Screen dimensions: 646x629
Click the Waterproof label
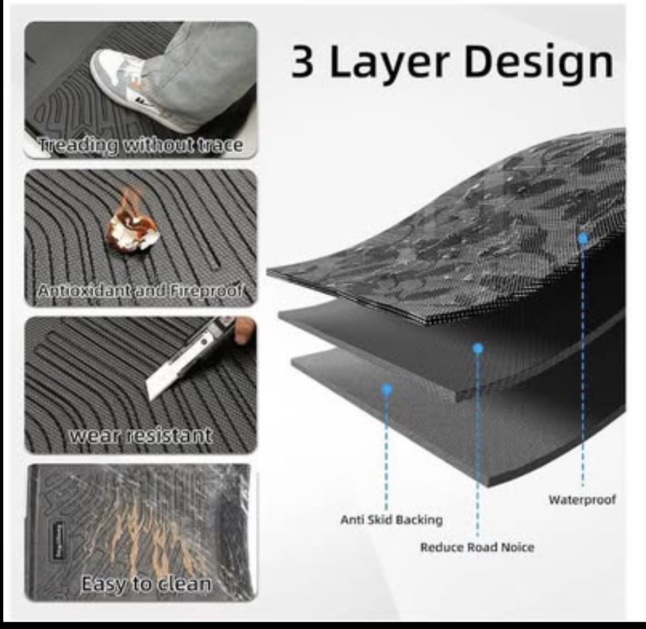(x=582, y=500)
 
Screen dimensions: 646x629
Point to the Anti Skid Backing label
(x=391, y=520)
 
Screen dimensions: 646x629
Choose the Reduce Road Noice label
(x=477, y=547)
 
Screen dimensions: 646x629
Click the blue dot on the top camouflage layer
(x=583, y=238)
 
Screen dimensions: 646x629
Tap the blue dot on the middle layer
(x=478, y=348)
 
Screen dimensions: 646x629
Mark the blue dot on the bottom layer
(x=387, y=389)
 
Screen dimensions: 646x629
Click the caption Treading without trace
(x=140, y=145)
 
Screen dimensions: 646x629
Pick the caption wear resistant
(x=140, y=436)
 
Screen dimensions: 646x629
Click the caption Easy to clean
(x=146, y=583)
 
